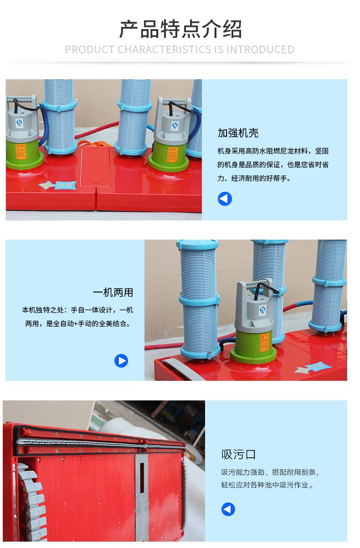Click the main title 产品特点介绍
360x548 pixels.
pos(180,30)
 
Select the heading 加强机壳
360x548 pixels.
pos(238,133)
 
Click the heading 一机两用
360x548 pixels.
pos(113,292)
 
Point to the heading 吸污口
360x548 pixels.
pos(238,454)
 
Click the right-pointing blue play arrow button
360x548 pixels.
pos(121,361)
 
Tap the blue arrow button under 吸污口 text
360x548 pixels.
pos(228,509)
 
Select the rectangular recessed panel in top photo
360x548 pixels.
pos(96,167)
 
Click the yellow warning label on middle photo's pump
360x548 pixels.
pos(264,341)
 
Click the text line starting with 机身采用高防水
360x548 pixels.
pos(273,151)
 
